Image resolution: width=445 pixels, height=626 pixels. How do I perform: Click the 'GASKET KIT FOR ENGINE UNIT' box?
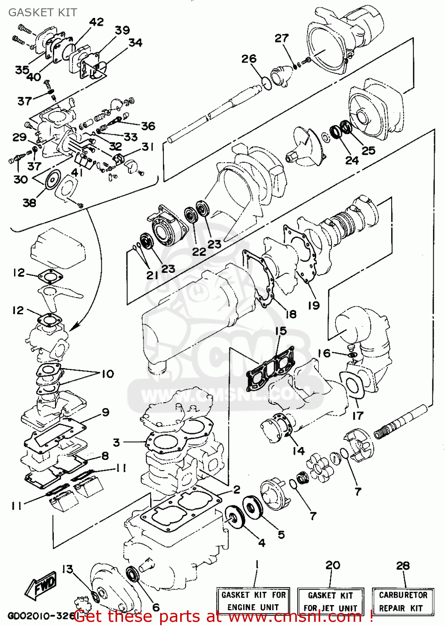click(x=253, y=601)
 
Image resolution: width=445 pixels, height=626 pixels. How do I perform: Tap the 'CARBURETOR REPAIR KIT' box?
click(x=403, y=601)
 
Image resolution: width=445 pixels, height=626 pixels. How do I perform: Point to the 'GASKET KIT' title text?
click(x=43, y=13)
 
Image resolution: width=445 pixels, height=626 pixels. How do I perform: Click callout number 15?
click(x=281, y=331)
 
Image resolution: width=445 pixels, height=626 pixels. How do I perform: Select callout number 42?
click(x=96, y=22)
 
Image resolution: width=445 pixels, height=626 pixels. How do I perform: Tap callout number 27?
click(x=282, y=38)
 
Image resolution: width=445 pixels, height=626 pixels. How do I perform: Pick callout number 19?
click(x=314, y=305)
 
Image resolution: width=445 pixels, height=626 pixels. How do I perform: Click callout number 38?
click(x=29, y=203)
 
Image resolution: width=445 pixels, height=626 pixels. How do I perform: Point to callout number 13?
click(x=68, y=569)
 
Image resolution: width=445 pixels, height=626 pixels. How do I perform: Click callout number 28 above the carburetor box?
click(x=403, y=565)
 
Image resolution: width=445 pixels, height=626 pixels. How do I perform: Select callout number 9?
click(x=106, y=412)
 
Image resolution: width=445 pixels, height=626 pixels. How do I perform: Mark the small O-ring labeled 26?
click(x=267, y=83)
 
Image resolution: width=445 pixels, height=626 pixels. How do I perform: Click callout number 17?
click(x=358, y=416)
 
